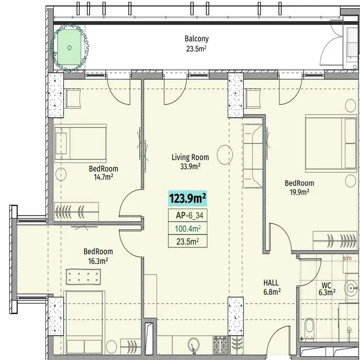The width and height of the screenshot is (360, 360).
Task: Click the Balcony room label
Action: (197, 39)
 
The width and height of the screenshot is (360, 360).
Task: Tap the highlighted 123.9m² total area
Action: (187, 198)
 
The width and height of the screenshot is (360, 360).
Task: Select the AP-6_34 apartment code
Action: (189, 216)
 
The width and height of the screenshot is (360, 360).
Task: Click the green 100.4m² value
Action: (188, 229)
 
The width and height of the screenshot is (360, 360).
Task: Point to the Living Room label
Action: (190, 157)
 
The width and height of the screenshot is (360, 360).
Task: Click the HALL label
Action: (271, 283)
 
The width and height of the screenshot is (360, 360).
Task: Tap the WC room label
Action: (326, 285)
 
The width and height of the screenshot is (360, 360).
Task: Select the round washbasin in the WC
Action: (351, 288)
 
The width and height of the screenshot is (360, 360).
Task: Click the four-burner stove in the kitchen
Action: (220, 345)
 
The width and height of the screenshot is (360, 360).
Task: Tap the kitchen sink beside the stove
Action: (193, 345)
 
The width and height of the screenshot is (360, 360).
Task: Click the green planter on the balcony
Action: (70, 48)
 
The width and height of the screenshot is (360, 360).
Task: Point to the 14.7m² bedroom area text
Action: (103, 177)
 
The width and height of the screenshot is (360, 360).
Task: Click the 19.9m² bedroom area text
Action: (299, 192)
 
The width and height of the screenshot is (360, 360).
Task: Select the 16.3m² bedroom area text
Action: (98, 261)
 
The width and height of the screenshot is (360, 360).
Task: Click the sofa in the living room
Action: (252, 156)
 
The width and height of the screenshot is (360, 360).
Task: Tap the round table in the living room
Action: (225, 154)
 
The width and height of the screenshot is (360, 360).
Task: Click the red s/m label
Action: (347, 258)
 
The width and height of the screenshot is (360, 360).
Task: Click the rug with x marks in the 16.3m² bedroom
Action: (83, 277)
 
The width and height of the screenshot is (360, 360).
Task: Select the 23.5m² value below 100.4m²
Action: (188, 242)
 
